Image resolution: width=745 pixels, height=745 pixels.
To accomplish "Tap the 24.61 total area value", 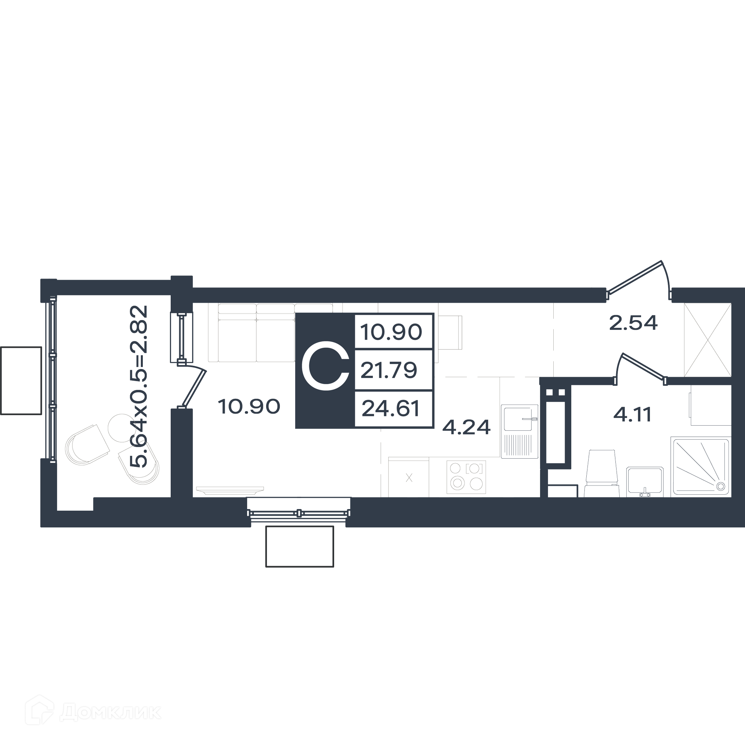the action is pyautogui.click(x=390, y=409).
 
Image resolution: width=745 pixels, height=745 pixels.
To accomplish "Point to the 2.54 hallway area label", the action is pyautogui.click(x=633, y=322).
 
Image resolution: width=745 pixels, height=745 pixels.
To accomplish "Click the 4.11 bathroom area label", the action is pyautogui.click(x=632, y=415).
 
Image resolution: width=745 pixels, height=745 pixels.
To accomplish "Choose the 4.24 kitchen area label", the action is pyautogui.click(x=467, y=427).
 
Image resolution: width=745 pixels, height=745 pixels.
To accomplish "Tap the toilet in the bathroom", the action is pyautogui.click(x=601, y=473).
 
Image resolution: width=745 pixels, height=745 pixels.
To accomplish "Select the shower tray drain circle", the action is pyautogui.click(x=721, y=486).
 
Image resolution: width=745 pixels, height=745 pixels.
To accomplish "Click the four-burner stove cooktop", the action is pyautogui.click(x=466, y=477).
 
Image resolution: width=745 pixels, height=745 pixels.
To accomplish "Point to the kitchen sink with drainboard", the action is pyautogui.click(x=519, y=431).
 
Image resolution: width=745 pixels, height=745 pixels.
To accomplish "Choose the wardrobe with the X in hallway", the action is pyautogui.click(x=707, y=340).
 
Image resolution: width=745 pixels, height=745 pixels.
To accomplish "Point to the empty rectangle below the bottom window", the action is pyautogui.click(x=300, y=546).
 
